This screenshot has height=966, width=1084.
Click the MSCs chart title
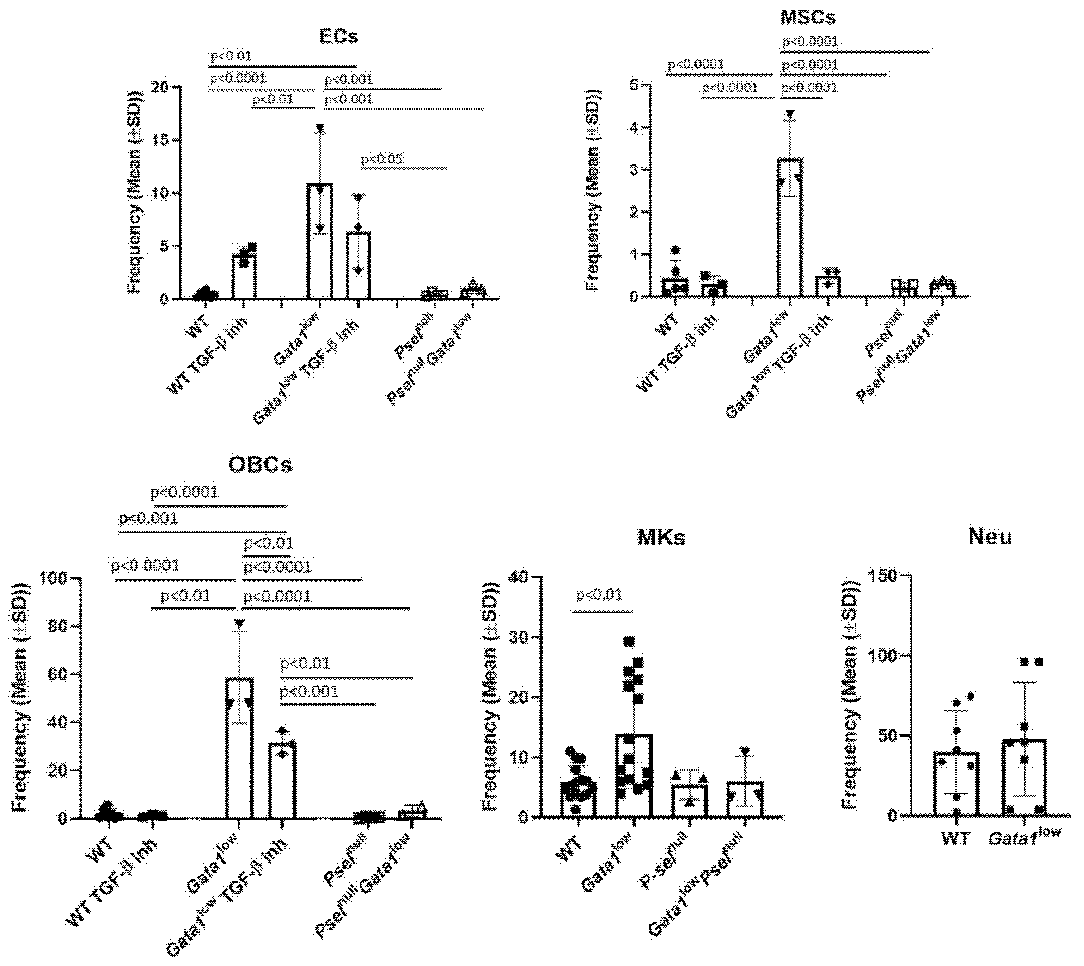[x=808, y=17]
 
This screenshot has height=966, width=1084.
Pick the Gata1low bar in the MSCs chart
[x=789, y=228]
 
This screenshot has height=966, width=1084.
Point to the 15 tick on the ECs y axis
[x=159, y=141]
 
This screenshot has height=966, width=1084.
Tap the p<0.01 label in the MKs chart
[x=599, y=595]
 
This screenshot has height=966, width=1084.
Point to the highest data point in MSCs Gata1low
[x=790, y=114]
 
